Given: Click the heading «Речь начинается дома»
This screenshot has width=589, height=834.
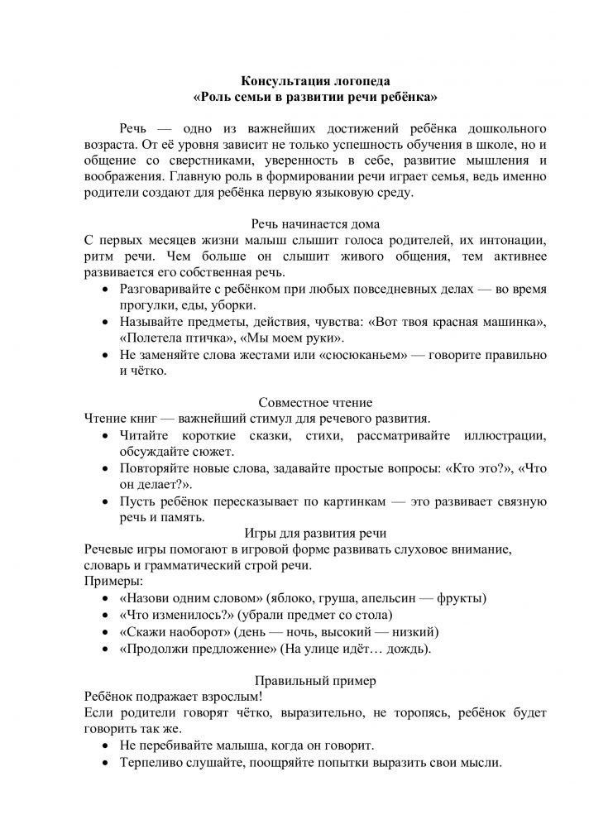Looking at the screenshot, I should click(314, 223).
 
